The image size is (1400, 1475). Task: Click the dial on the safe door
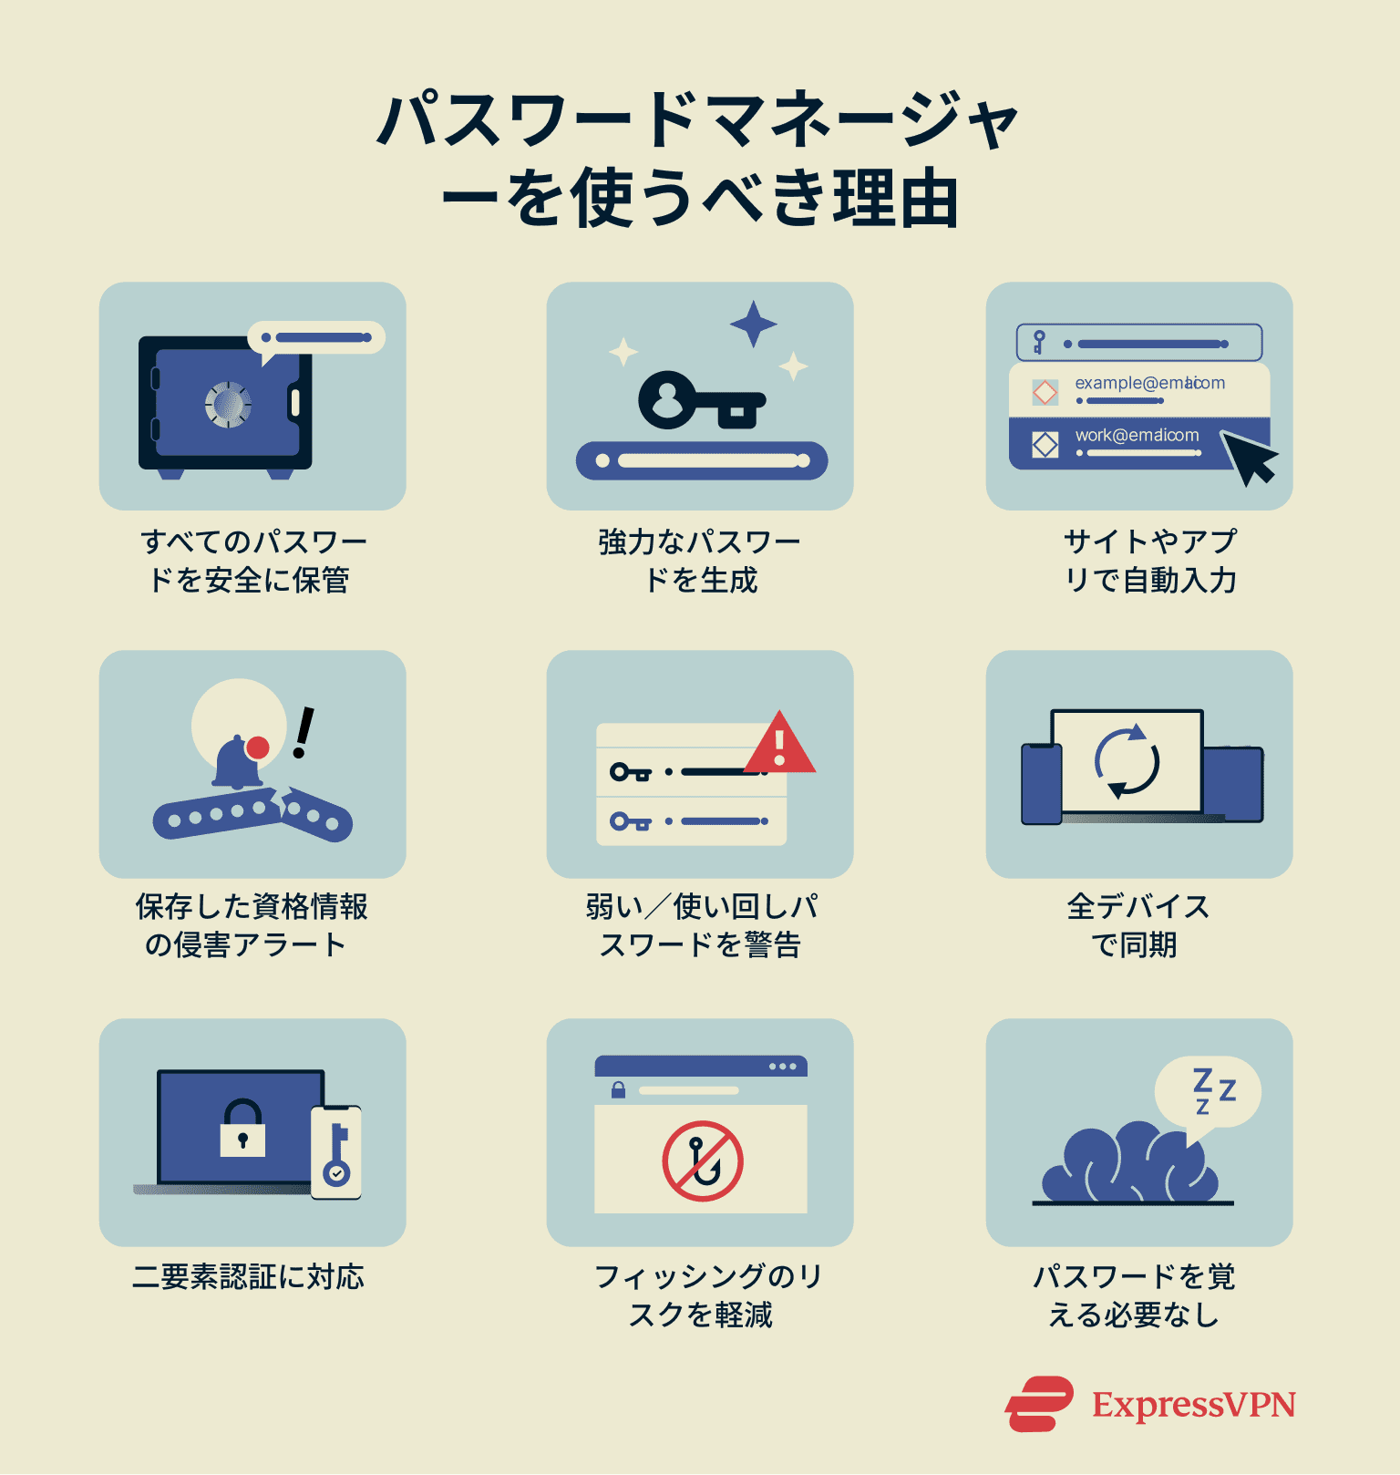click(228, 404)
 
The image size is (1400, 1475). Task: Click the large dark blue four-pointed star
click(753, 324)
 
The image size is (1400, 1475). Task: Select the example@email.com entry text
click(1149, 383)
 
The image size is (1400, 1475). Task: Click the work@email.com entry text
click(1137, 436)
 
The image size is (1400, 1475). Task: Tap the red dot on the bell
click(258, 748)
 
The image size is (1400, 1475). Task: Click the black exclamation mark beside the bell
click(303, 733)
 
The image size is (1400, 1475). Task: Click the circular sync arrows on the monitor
click(1127, 762)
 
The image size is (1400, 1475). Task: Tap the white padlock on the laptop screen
click(242, 1129)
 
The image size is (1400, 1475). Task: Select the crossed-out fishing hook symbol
click(702, 1160)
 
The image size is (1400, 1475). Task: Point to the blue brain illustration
click(1130, 1163)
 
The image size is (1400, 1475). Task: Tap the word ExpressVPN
click(1194, 1405)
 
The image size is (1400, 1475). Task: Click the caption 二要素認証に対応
click(248, 1277)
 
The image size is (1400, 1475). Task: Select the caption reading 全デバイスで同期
click(1137, 925)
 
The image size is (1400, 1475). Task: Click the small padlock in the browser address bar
click(618, 1089)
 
